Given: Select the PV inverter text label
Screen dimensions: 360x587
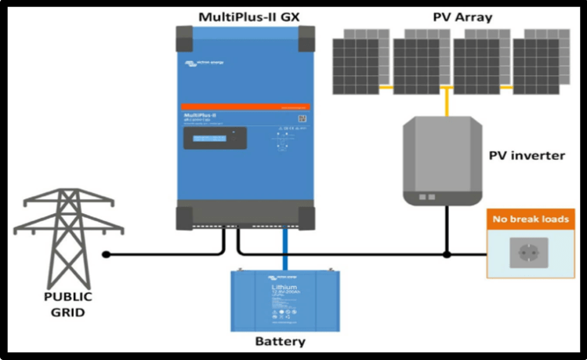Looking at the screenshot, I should click(527, 155).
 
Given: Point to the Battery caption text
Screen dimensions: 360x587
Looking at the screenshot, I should click(280, 342).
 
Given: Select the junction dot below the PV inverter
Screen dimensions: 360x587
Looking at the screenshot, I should click(446, 254).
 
